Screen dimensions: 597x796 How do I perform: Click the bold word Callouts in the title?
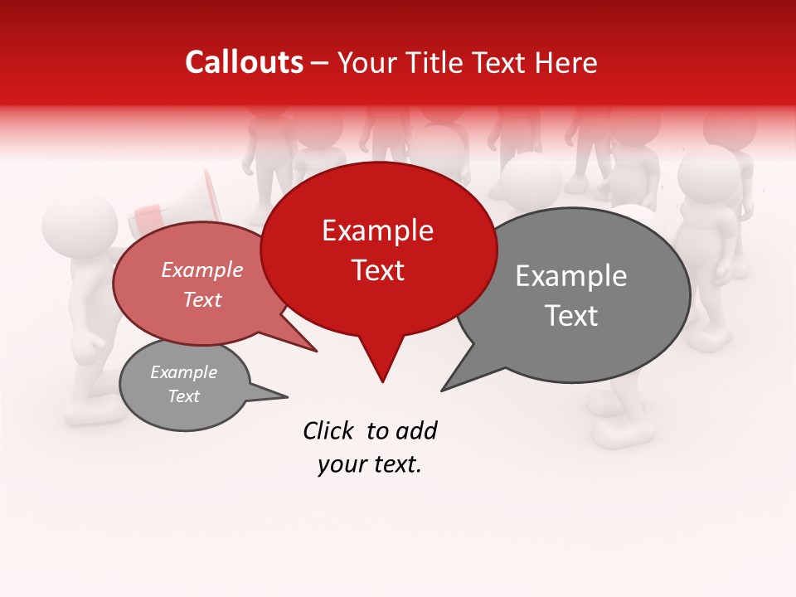click(244, 62)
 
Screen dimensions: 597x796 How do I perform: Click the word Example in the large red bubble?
click(377, 231)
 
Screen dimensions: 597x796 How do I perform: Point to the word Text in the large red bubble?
click(378, 270)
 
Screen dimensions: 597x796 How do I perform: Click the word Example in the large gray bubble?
click(571, 276)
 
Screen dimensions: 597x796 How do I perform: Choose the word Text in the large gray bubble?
click(571, 316)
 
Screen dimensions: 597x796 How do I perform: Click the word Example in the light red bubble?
click(202, 269)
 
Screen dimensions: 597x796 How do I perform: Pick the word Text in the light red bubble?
click(202, 299)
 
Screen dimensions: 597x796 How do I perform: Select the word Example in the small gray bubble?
click(183, 372)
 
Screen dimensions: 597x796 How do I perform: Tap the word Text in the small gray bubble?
click(183, 396)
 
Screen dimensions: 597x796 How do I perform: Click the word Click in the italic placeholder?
click(329, 430)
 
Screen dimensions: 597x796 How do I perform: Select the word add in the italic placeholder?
click(416, 430)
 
